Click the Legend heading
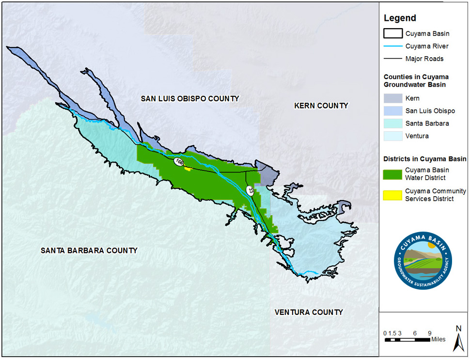coord(400,18)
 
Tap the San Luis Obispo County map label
coord(190,99)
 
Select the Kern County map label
coord(321,106)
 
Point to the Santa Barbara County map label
coord(89,250)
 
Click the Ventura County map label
coord(309,312)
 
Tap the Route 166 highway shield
coord(179,162)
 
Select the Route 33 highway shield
coord(251,190)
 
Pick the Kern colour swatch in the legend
coord(392,98)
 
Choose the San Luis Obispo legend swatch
coord(392,111)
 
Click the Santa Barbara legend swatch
coord(392,124)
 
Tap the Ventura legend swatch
coord(392,136)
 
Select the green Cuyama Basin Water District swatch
coord(392,173)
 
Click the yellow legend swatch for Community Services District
coord(392,195)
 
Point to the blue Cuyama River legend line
coord(392,47)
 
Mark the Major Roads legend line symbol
coord(392,59)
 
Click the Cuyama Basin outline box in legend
coord(392,34)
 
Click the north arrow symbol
coord(457,339)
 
